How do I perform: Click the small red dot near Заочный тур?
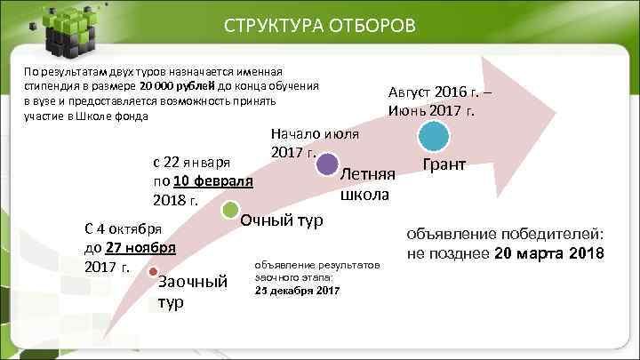[153, 271]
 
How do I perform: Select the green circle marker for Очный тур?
[229, 210]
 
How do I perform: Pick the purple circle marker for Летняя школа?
[327, 164]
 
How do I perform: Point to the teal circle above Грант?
[435, 137]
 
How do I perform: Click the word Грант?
[446, 166]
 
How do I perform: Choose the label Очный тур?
[282, 219]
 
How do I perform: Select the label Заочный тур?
[191, 292]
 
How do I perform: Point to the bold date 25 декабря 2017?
[297, 290]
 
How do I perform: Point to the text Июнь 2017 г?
[431, 111]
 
